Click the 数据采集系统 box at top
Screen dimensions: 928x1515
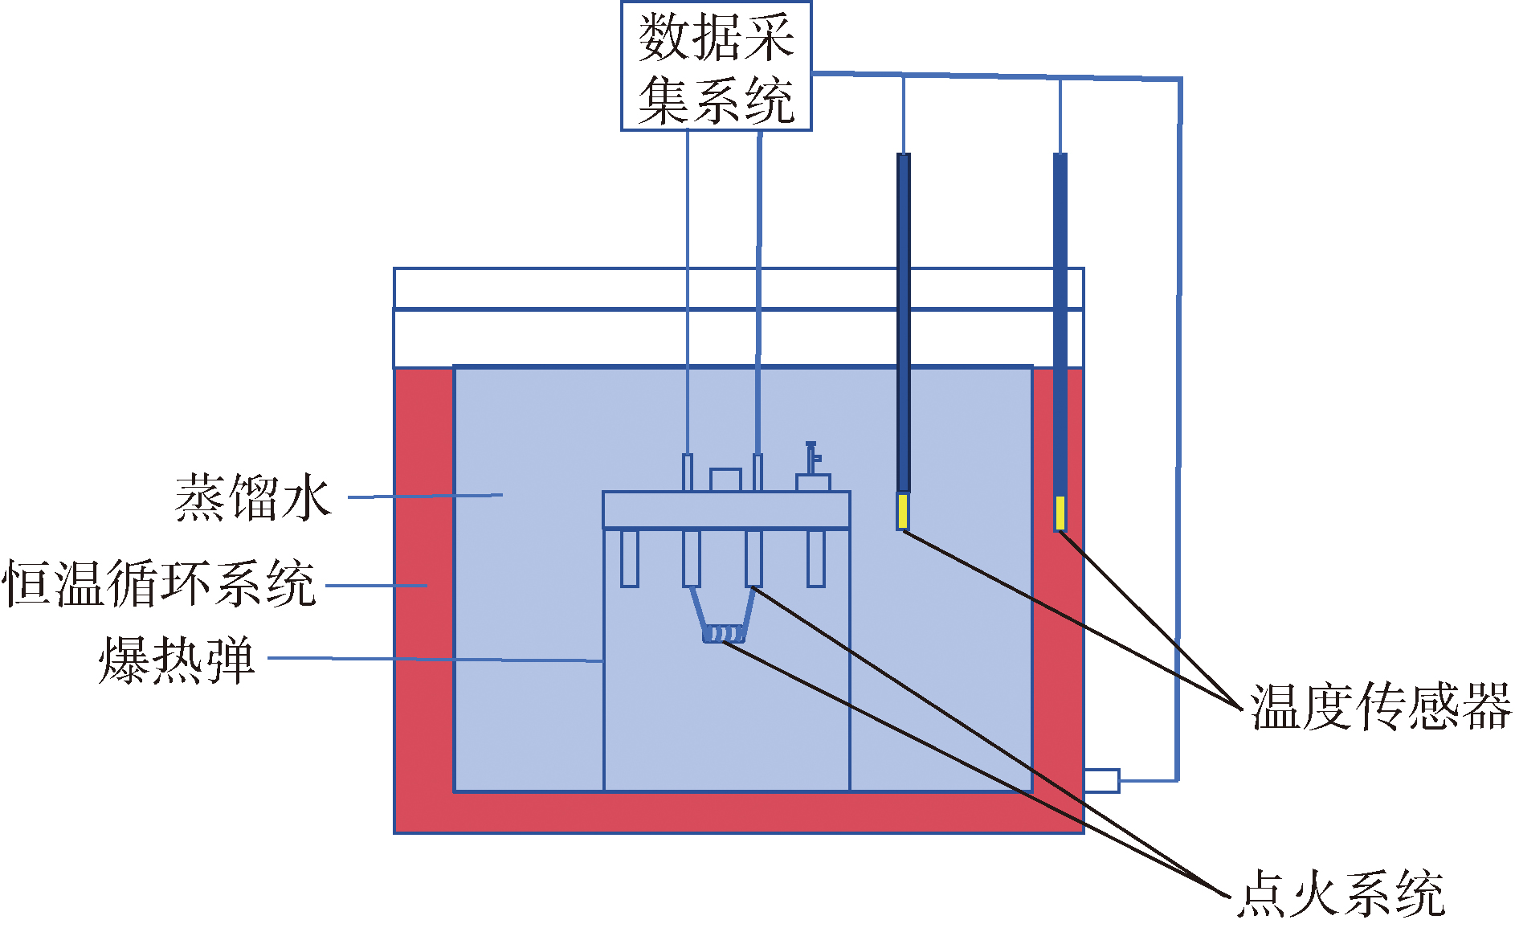[716, 66]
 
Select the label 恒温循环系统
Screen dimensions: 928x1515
[159, 584]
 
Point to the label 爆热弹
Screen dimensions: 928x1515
[177, 661]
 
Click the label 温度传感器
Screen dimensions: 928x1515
[1380, 708]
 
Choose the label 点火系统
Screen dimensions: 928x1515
[1341, 893]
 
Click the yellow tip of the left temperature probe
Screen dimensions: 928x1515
[903, 512]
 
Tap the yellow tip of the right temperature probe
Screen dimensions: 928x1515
[1060, 513]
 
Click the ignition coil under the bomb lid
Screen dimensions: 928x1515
[724, 635]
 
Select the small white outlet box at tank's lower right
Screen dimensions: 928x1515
[1101, 780]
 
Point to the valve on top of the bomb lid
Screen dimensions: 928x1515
[812, 467]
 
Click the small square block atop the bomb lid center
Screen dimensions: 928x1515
[725, 480]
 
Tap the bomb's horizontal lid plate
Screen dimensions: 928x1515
[726, 510]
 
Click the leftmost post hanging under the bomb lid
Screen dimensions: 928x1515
[630, 558]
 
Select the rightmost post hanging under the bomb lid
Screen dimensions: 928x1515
[816, 558]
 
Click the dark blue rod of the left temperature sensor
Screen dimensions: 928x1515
[904, 321]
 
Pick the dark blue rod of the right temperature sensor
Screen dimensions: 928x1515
[1060, 321]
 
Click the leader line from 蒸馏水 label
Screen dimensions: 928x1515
[426, 496]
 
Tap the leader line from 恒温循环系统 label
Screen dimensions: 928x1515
[376, 586]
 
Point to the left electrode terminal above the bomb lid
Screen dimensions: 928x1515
[688, 472]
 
